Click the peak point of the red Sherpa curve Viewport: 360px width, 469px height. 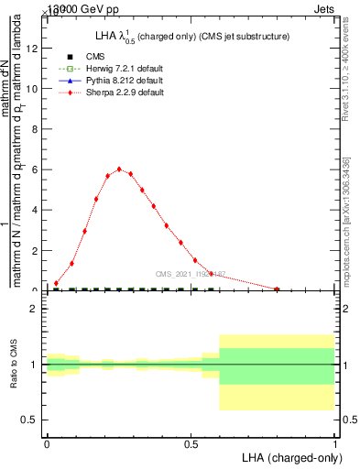pos(119,169)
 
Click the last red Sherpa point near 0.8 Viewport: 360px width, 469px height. pos(278,289)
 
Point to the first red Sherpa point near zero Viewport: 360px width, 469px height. pos(57,283)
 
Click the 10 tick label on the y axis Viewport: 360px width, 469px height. pos(32,89)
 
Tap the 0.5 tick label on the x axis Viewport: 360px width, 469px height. pos(191,443)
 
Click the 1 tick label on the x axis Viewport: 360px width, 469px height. pos(335,443)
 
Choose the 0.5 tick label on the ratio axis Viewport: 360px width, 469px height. pos(30,420)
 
